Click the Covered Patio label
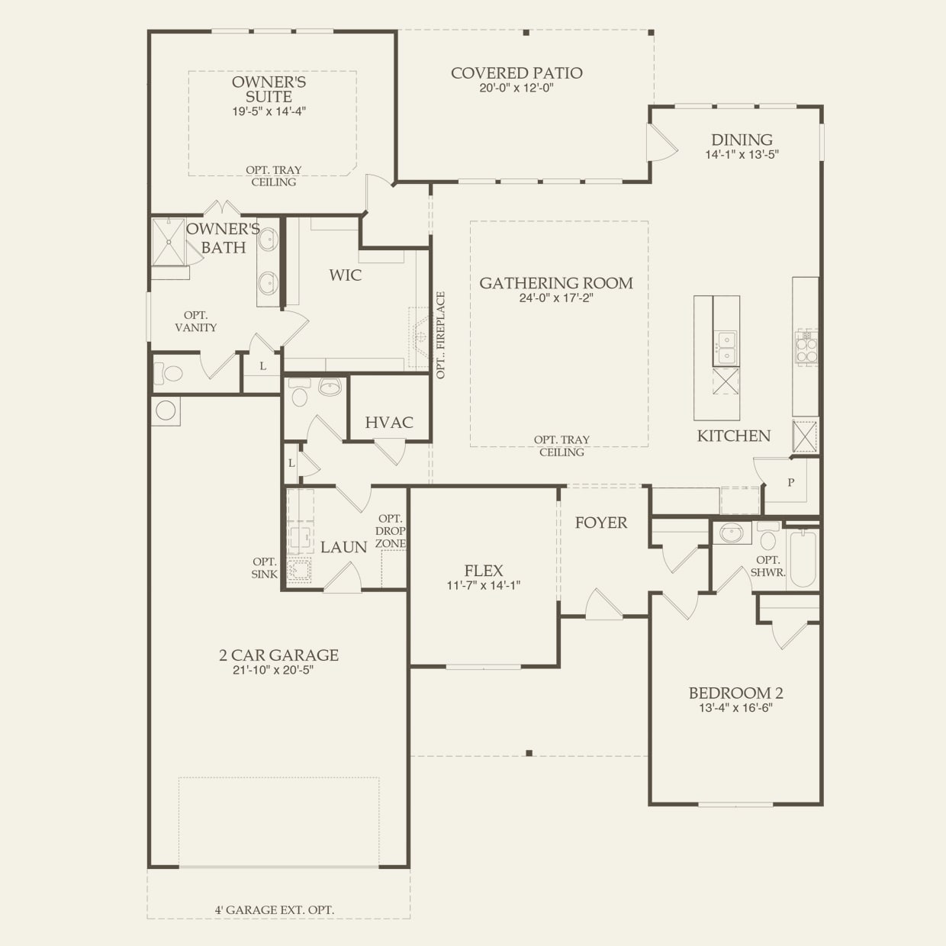[x=516, y=73]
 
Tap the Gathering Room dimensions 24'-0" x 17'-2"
[x=556, y=298]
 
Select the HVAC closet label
[x=389, y=422]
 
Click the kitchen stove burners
[x=806, y=346]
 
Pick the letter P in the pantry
[x=791, y=482]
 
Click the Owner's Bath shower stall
[x=169, y=242]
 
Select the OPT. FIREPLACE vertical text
[x=440, y=336]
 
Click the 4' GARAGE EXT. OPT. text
[x=275, y=909]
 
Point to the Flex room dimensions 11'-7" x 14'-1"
[x=484, y=585]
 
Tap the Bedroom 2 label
[x=736, y=693]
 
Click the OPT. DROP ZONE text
[x=391, y=531]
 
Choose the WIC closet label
[x=345, y=275]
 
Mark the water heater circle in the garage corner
[x=166, y=410]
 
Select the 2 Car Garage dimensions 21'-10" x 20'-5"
[x=273, y=670]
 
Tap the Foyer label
[x=601, y=523]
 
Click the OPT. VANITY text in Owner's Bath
[x=196, y=321]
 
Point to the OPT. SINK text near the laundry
[x=265, y=568]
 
